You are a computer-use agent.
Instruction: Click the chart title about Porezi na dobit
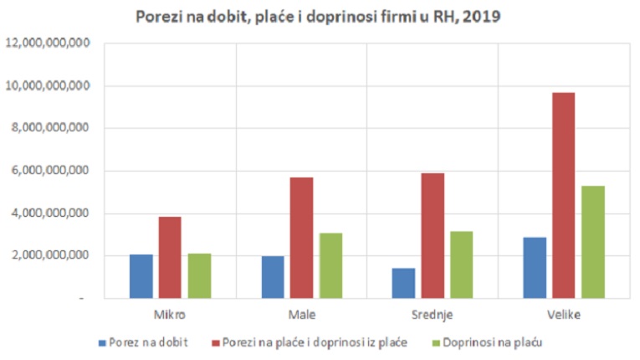318,17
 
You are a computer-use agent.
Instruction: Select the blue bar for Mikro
142,276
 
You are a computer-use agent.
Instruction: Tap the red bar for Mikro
170,257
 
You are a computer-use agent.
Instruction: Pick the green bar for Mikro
199,275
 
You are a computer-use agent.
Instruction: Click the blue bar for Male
273,277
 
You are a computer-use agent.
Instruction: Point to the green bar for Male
330,265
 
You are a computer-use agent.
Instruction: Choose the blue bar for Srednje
403,283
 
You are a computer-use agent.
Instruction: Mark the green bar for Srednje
461,265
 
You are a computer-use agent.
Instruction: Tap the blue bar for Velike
535,268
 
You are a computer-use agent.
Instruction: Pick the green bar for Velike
592,242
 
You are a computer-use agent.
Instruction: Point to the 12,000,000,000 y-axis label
48,44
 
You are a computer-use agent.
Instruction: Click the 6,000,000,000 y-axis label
51,171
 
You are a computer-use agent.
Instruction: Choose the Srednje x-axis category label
432,316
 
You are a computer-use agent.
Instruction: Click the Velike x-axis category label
563,316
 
